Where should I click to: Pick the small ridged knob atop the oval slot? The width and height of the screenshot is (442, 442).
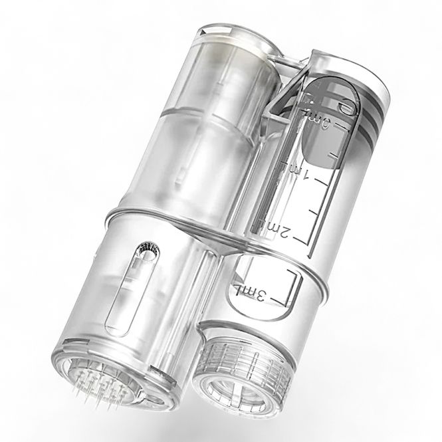pos(146,251)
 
